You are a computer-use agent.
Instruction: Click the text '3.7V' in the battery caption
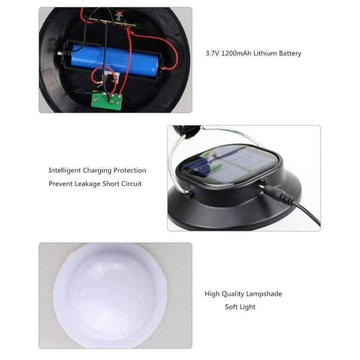pyautogui.click(x=212, y=53)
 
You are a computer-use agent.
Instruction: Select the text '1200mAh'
pyautogui.click(x=236, y=53)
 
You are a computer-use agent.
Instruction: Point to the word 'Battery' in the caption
pyautogui.click(x=290, y=53)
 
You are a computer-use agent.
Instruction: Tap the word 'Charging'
pyautogui.click(x=98, y=170)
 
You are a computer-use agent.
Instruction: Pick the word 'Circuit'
pyautogui.click(x=130, y=184)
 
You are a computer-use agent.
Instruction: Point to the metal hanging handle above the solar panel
pyautogui.click(x=180, y=156)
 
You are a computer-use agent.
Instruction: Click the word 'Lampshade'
pyautogui.click(x=264, y=294)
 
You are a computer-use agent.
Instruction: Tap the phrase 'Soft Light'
pyautogui.click(x=240, y=307)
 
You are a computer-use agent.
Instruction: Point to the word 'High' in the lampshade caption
pyautogui.click(x=212, y=294)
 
